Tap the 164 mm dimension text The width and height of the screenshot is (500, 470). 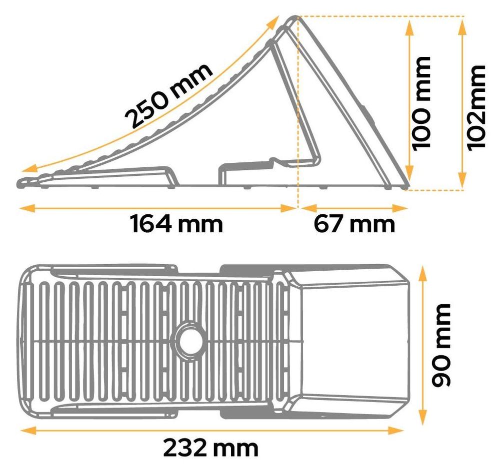coord(176,224)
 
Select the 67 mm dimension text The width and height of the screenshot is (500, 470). coord(354,224)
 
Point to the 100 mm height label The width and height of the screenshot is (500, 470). coord(421,103)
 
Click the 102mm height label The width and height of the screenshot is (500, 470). coord(476,107)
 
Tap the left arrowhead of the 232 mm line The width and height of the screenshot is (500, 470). coord(28,431)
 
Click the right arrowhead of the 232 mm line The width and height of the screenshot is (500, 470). coord(395,431)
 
